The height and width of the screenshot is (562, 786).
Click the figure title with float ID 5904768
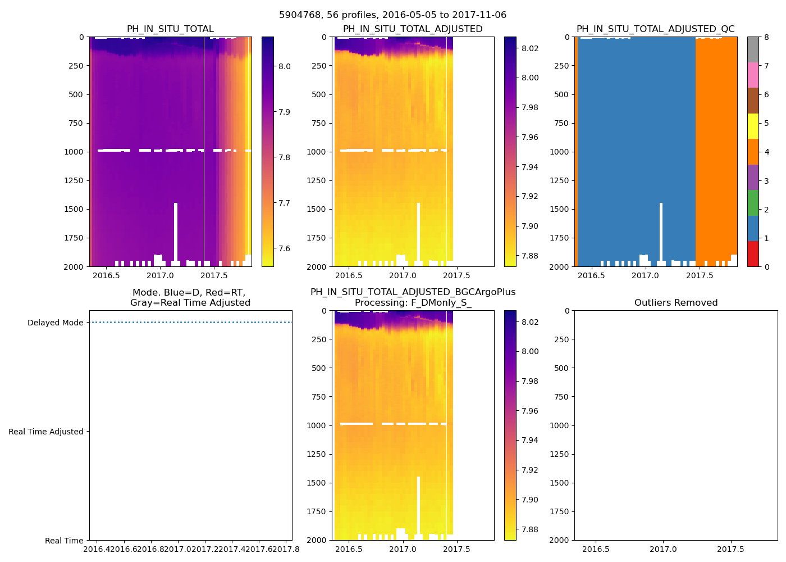coord(392,15)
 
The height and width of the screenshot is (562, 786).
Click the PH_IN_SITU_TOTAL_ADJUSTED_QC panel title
coord(655,29)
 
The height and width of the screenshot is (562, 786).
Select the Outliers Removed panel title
coord(675,303)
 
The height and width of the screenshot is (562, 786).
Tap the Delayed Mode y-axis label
coord(55,323)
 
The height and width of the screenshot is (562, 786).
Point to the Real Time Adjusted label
coord(45,432)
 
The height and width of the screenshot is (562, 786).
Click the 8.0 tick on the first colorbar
coord(285,66)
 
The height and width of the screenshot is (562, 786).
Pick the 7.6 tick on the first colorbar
coord(285,248)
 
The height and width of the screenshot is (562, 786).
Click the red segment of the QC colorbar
coord(753,253)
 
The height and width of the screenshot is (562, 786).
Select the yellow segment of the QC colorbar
coord(753,126)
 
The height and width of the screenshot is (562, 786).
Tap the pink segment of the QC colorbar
coord(753,75)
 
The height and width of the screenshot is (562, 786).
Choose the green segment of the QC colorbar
coord(753,202)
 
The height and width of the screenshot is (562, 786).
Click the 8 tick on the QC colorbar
coord(766,37)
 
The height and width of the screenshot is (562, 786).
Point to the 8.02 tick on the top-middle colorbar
coord(530,48)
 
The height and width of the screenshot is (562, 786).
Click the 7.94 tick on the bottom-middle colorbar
coord(530,440)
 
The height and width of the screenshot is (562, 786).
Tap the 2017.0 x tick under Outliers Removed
coord(664,549)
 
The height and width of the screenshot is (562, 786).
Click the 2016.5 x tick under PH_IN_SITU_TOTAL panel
coord(106,275)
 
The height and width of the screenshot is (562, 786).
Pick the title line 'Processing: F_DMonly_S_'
coord(413,303)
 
